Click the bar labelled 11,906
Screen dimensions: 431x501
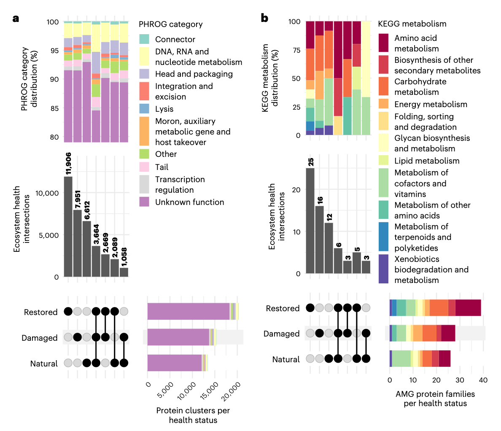tap(68, 226)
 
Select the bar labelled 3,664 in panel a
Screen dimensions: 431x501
tap(96, 261)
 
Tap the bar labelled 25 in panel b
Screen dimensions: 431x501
tap(310, 221)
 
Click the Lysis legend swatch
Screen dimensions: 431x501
tap(144, 109)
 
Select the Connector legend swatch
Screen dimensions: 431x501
tap(144, 39)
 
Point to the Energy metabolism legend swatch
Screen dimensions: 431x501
tap(383, 104)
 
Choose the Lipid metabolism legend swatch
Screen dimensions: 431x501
tap(383, 161)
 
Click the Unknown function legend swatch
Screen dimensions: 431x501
tap(144, 202)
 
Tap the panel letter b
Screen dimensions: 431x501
tap(264, 18)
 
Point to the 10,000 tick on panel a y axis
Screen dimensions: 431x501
tap(46, 193)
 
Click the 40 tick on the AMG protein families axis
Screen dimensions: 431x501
tap(483, 380)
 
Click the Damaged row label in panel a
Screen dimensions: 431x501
tap(40, 338)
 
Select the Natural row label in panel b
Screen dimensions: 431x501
tap(286, 359)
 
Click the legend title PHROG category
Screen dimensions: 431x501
tap(170, 24)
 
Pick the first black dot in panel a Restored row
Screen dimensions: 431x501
tap(68, 312)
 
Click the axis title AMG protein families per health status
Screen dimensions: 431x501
tap(435, 399)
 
